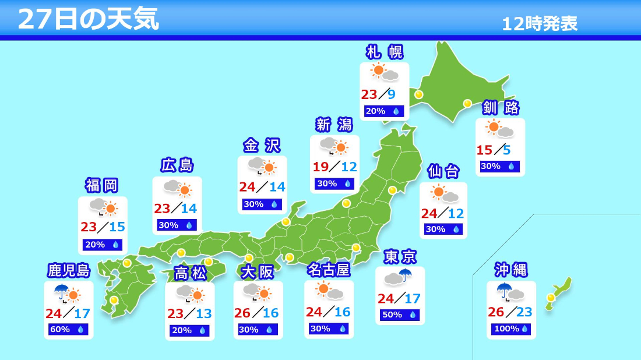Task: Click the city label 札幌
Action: click(x=384, y=52)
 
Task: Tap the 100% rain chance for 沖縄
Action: click(x=511, y=329)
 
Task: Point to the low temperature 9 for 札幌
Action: click(x=392, y=94)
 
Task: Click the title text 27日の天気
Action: click(x=88, y=19)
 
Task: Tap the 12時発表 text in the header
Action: click(x=540, y=24)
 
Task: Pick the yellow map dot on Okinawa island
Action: click(x=550, y=297)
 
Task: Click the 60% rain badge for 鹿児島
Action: click(x=68, y=329)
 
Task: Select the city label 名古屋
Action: click(x=328, y=270)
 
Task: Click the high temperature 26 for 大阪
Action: click(x=242, y=313)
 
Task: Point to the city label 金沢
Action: click(x=262, y=146)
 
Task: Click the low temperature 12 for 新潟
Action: click(x=348, y=167)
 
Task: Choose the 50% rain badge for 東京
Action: click(x=400, y=315)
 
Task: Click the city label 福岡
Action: click(x=102, y=186)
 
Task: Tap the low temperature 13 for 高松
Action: click(x=203, y=313)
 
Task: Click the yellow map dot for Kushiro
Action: click(x=467, y=104)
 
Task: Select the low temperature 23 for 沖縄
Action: click(x=524, y=312)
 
